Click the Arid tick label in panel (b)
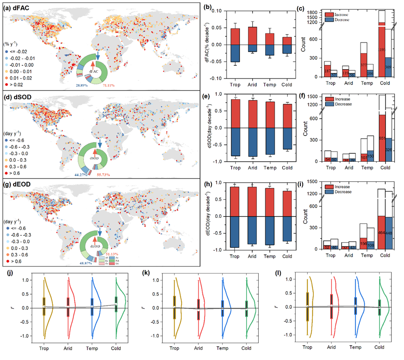252,86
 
